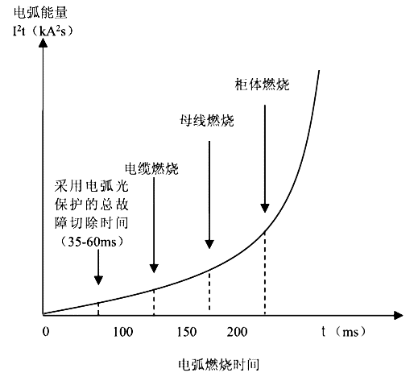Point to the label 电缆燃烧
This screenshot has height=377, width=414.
pyautogui.click(x=151, y=171)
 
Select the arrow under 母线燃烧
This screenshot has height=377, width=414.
pyautogui.click(x=209, y=193)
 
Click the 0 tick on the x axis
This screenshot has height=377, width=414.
pyautogui.click(x=46, y=332)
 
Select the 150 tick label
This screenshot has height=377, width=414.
pyautogui.click(x=185, y=332)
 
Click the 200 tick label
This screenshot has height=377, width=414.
pyautogui.click(x=236, y=332)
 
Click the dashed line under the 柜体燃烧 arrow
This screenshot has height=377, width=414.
pyautogui.click(x=265, y=274)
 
